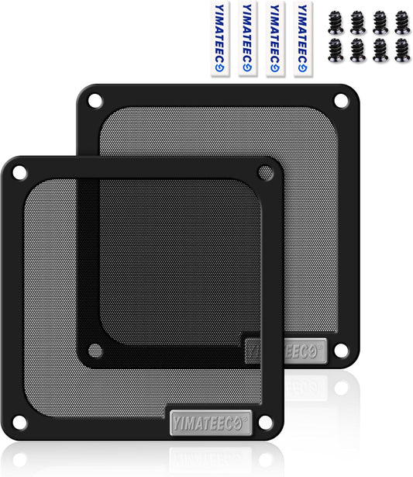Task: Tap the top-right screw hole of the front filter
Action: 266,172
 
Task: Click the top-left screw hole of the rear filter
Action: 94,101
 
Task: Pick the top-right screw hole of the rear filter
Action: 340,101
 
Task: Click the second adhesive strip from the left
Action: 247,40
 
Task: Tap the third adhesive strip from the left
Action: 274,40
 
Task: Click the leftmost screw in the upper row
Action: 336,22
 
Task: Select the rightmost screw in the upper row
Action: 402,22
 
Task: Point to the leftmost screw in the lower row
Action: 336,50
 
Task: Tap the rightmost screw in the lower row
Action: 402,50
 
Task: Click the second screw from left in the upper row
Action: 358,22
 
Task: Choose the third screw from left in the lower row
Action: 380,50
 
